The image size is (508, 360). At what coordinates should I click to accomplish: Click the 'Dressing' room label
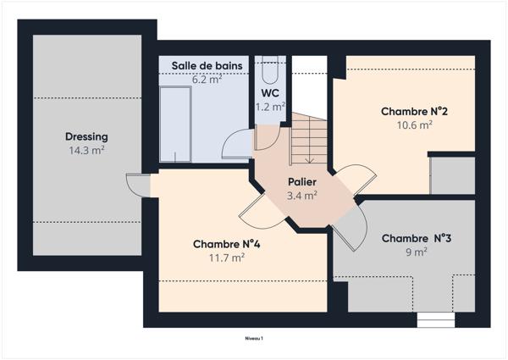[86, 136]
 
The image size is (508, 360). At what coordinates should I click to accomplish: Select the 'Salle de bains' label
[207, 66]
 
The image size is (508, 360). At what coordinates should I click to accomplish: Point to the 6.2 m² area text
[207, 80]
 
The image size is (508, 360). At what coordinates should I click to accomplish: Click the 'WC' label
[271, 92]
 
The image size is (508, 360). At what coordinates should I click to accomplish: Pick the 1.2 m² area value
[271, 107]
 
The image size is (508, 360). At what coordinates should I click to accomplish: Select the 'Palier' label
[302, 182]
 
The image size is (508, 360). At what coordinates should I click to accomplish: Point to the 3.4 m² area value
[302, 196]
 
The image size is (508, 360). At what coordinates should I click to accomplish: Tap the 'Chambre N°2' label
[413, 111]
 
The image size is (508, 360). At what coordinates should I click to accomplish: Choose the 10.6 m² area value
[413, 125]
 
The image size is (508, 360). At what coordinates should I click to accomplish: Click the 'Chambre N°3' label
[416, 238]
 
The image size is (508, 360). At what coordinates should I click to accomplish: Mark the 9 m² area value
[416, 252]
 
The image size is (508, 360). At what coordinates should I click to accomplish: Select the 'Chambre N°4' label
[226, 244]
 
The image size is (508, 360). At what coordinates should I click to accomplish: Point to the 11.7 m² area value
[226, 258]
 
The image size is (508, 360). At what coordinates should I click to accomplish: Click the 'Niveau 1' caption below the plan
[254, 338]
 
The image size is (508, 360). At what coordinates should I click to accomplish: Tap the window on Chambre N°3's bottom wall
[436, 320]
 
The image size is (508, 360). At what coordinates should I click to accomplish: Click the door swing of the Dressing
[135, 184]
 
